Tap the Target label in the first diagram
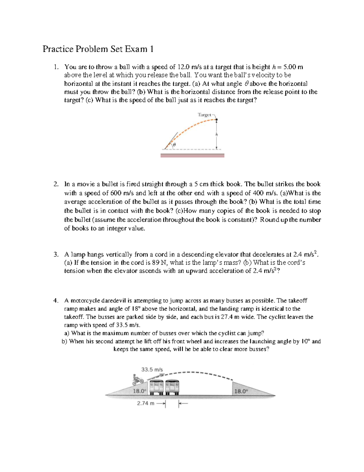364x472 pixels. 204,115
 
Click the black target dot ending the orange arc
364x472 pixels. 217,120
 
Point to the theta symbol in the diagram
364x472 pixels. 174,145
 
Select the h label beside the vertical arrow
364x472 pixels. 217,134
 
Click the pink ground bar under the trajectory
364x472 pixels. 192,155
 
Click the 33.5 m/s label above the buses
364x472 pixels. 152,370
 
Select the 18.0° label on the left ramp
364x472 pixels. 140,391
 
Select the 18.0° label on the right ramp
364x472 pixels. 241,391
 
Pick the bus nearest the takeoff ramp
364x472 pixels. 156,387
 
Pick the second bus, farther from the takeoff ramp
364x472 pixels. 172,387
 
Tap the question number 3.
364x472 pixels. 56,254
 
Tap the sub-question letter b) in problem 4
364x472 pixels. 64,341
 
